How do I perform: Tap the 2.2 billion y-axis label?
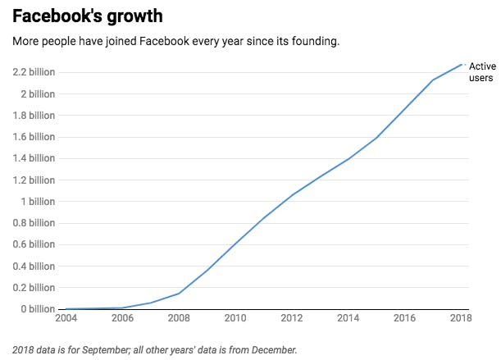click(34, 72)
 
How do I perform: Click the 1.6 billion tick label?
click(34, 137)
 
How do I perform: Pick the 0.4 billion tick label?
click(34, 266)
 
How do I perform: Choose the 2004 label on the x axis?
click(66, 318)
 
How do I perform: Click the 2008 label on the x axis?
click(179, 318)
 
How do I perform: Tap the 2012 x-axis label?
click(293, 318)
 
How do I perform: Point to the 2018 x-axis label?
click(462, 318)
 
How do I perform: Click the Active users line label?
click(482, 71)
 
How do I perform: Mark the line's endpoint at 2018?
click(462, 64)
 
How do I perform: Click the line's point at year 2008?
click(179, 294)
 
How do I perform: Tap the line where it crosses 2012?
click(293, 195)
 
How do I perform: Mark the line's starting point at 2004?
click(66, 308)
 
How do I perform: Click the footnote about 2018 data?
click(154, 349)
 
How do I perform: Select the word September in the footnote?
click(102, 349)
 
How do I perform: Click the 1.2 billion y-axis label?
click(34, 180)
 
